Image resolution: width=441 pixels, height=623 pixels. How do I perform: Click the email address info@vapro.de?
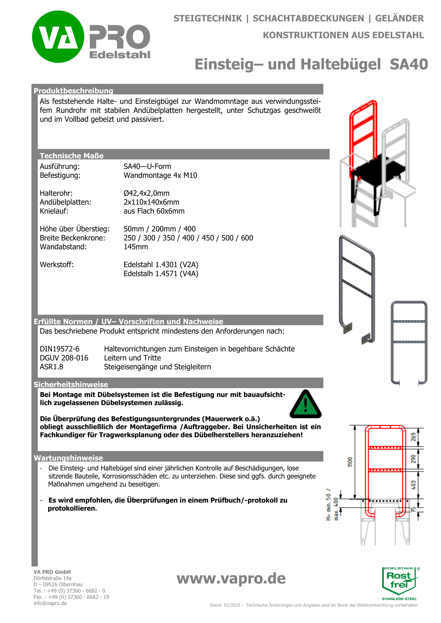50,603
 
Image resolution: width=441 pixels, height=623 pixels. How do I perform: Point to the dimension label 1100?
350,462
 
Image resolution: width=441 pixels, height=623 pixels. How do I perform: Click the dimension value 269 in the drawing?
413,437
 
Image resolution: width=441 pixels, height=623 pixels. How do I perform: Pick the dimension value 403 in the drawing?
413,485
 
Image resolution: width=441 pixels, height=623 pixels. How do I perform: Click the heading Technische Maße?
72,156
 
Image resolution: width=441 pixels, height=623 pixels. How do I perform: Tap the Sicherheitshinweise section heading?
71,384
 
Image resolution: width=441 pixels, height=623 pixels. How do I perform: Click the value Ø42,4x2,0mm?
146,193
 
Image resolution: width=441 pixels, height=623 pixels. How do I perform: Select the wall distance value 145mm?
136,247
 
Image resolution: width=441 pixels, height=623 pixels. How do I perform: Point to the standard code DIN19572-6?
59,349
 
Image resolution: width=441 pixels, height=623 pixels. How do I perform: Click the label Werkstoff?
57,265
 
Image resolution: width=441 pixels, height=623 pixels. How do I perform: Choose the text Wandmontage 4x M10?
160,175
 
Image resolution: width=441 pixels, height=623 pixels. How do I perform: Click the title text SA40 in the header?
409,64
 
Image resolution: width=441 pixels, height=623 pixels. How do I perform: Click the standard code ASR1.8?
51,367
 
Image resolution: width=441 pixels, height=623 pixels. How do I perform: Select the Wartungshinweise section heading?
68,458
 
